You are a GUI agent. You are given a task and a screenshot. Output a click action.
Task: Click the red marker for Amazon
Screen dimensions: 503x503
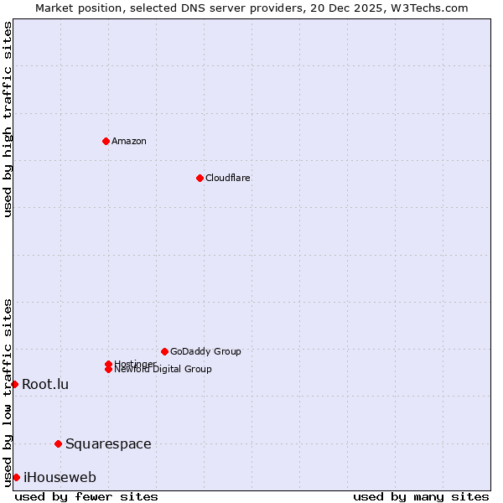pyautogui.click(x=106, y=141)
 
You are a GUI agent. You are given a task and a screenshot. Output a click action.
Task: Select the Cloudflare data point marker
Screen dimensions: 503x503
pyautogui.click(x=200, y=178)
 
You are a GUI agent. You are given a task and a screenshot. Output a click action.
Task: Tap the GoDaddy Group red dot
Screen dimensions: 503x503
pyautogui.click(x=164, y=351)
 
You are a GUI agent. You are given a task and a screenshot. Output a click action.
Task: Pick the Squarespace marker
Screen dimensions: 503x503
pyautogui.click(x=58, y=443)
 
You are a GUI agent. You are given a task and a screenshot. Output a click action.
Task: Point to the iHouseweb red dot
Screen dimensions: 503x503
pyautogui.click(x=16, y=477)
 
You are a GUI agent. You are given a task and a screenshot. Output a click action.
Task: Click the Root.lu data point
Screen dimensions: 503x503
pyautogui.click(x=14, y=384)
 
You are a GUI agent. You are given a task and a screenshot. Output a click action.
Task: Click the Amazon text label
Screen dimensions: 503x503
pyautogui.click(x=129, y=141)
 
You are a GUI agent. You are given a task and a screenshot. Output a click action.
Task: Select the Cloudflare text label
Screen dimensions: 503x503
pyautogui.click(x=228, y=178)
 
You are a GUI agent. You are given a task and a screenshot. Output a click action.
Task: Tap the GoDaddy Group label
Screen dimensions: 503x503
pyautogui.click(x=205, y=351)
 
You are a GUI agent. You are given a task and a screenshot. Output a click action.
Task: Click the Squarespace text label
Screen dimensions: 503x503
pyautogui.click(x=108, y=443)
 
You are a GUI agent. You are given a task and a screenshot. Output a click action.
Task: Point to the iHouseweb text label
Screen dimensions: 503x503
pyautogui.click(x=60, y=477)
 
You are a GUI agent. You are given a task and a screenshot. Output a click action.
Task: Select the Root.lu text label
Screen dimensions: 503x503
pyautogui.click(x=45, y=384)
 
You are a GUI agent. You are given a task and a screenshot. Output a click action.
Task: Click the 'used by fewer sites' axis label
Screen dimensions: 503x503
pyautogui.click(x=86, y=496)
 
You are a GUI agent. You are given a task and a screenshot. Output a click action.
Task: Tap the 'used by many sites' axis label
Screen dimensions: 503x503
pyautogui.click(x=421, y=496)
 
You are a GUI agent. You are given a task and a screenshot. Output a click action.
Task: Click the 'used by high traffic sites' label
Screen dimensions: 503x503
pyautogui.click(x=8, y=119)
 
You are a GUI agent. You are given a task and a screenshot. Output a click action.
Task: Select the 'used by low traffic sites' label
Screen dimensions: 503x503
pyautogui.click(x=8, y=392)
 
